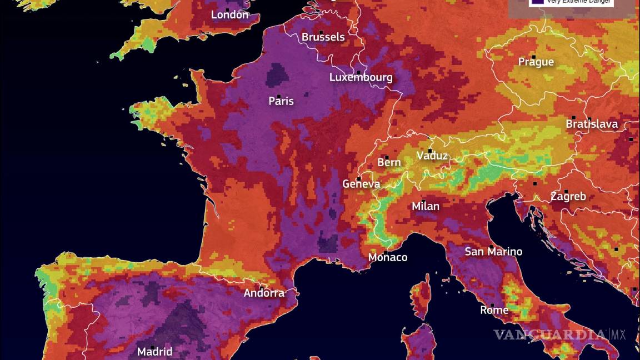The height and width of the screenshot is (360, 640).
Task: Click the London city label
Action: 229,15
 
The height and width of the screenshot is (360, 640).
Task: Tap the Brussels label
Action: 323,37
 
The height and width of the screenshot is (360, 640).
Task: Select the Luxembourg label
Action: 361,77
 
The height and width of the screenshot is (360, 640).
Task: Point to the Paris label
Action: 281,101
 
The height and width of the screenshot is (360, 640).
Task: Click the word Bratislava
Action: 592,124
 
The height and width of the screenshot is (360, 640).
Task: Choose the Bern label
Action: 389,162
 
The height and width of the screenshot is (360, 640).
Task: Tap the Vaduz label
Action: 432,156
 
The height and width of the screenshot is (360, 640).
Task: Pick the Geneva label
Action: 361,184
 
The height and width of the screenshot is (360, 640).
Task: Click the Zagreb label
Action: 568,197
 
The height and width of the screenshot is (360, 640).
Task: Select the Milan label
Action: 426,207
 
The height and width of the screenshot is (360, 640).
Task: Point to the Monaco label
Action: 388,257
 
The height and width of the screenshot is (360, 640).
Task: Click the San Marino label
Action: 493,252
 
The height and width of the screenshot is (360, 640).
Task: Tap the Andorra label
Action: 264,293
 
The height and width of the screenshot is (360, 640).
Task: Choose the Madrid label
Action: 154,352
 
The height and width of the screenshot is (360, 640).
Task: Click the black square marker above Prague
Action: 533,57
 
